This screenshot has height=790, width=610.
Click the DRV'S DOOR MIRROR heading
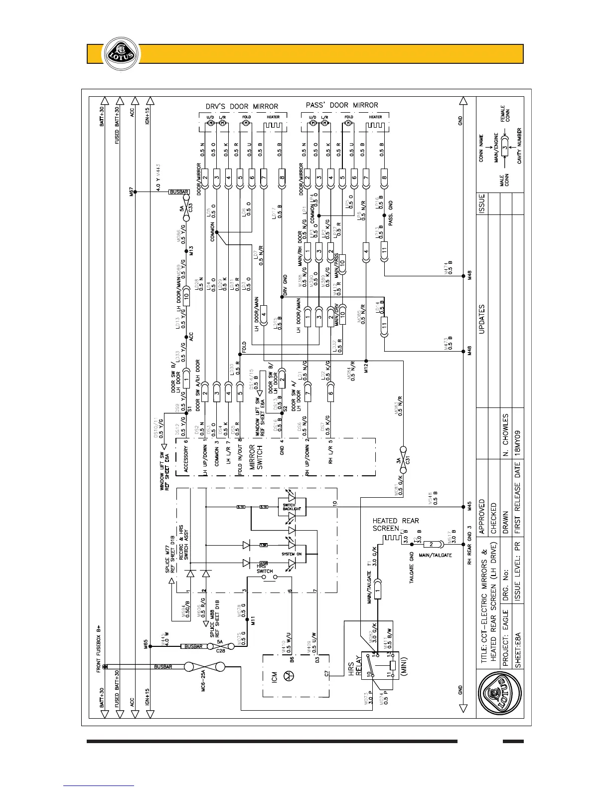pyautogui.click(x=242, y=106)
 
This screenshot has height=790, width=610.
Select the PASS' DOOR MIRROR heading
pyautogui.click(x=341, y=105)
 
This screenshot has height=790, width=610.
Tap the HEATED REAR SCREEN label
pyautogui.click(x=396, y=524)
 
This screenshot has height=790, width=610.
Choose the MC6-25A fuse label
pyautogui.click(x=203, y=678)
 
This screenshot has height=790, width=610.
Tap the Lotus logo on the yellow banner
pyautogui.click(x=120, y=54)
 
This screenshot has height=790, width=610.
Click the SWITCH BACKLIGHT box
pyautogui.click(x=290, y=507)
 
